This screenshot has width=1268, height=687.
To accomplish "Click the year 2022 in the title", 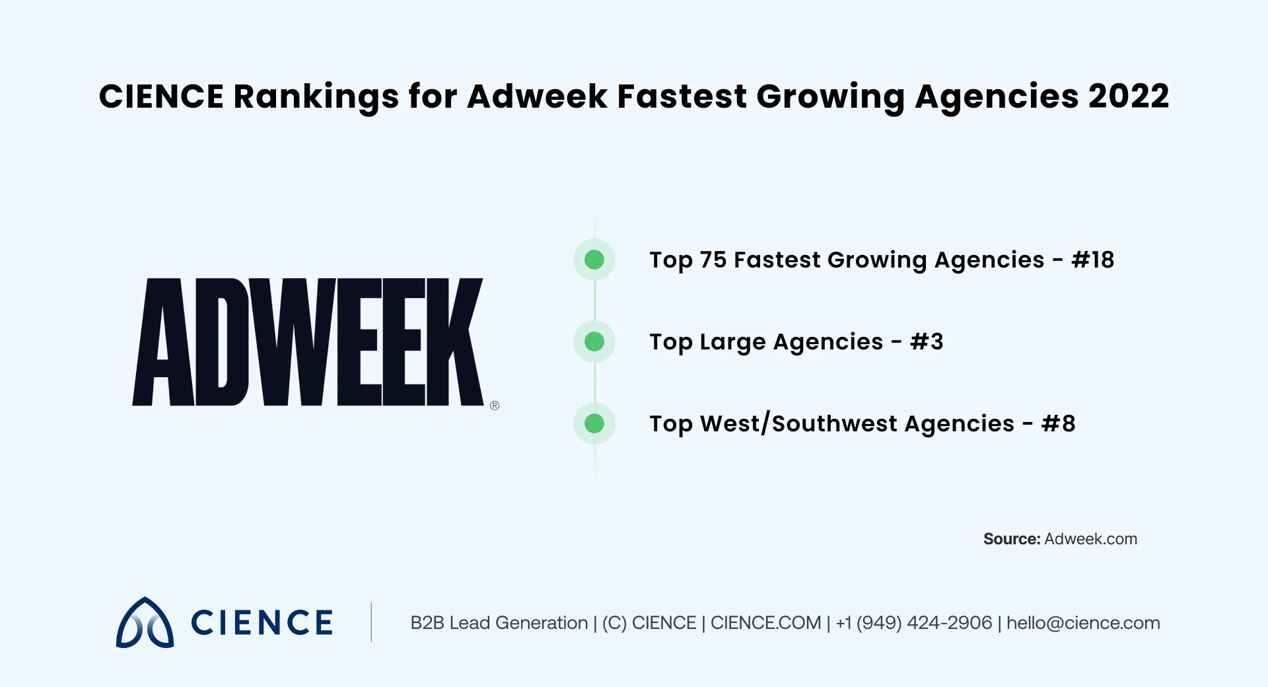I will tap(1129, 96).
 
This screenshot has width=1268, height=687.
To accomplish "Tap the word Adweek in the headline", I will tap(537, 96).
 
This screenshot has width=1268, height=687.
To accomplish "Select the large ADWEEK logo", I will tap(308, 342).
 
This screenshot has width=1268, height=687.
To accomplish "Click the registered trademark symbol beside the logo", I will tap(495, 406).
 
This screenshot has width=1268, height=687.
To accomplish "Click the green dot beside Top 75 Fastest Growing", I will tap(594, 260).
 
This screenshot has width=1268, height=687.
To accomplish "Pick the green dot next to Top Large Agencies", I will tap(594, 342).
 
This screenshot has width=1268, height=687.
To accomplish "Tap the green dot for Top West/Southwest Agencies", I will tap(594, 423).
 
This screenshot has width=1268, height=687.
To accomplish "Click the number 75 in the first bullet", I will tap(713, 260).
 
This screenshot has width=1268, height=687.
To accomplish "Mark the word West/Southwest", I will tap(857, 423).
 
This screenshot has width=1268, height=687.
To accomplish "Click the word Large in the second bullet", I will tap(732, 342).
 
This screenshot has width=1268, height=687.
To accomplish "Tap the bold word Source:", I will tap(1011, 539).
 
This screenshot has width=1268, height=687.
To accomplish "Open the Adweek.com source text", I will tap(1090, 539).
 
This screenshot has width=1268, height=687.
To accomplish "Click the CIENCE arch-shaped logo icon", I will tap(145, 623).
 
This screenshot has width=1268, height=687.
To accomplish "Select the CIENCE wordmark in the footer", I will tap(262, 623).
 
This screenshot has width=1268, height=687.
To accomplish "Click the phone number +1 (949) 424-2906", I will tap(914, 623).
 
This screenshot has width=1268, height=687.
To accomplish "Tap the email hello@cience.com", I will tap(1083, 623).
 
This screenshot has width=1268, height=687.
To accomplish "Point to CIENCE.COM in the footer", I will tap(765, 623).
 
